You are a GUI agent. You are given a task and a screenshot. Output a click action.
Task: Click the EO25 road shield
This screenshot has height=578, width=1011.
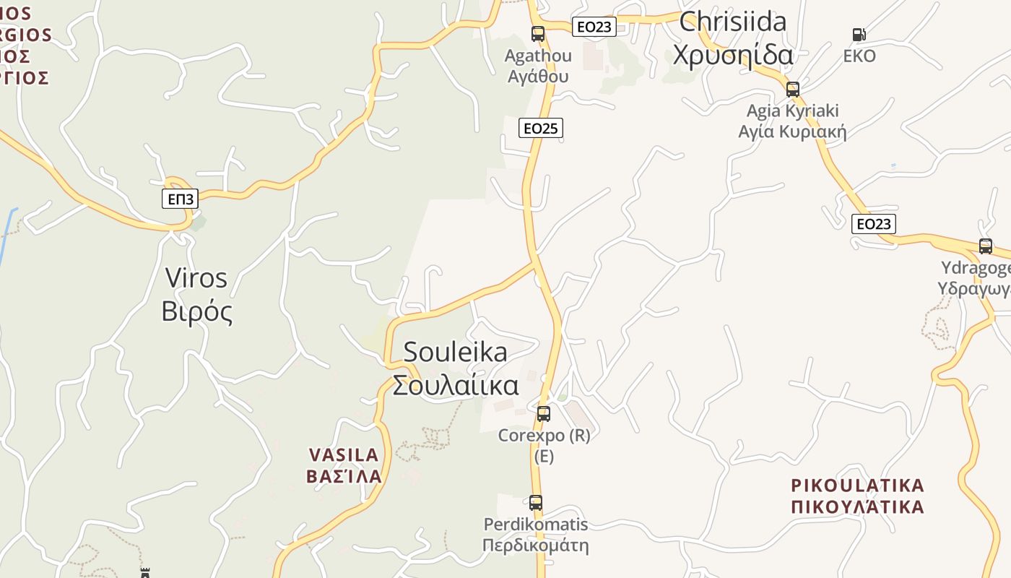(x=540, y=129)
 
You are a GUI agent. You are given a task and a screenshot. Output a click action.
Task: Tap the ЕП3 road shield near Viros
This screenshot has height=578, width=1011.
(x=180, y=199)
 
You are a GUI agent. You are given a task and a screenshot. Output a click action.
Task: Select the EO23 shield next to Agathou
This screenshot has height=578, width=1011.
(x=594, y=27)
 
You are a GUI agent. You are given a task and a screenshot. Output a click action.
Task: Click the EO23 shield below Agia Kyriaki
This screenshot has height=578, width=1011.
(x=873, y=224)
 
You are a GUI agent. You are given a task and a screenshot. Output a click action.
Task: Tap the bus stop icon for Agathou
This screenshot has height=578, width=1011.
(x=537, y=33)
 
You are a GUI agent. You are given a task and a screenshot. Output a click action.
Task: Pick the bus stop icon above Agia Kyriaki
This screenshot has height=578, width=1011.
(x=792, y=90)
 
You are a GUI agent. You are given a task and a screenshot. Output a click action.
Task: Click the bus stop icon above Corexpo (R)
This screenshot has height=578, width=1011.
(x=544, y=414)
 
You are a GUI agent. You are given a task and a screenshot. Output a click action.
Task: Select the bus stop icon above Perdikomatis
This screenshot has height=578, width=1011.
(x=535, y=502)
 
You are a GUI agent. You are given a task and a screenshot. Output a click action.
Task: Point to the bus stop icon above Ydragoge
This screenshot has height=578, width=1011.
(x=985, y=246)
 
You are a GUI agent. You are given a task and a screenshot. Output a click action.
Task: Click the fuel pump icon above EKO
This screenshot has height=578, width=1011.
(x=859, y=34)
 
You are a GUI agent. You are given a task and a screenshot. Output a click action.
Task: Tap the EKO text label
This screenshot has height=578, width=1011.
(x=859, y=56)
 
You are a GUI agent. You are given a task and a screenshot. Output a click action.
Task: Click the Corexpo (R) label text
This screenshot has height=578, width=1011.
(x=544, y=436)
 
